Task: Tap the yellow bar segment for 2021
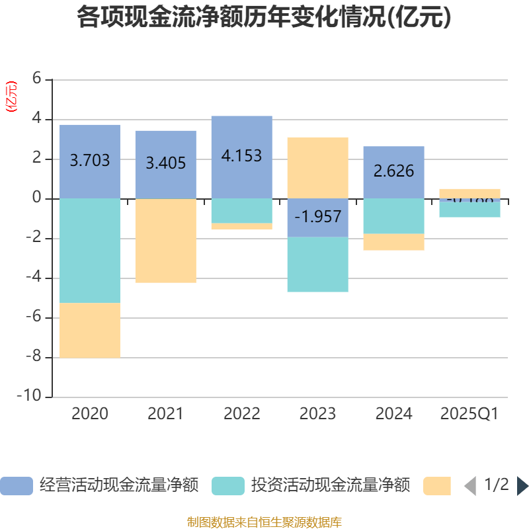165,241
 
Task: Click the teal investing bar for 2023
317,264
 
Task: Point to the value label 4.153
241,156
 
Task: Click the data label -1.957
317,216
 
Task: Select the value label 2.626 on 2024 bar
393,171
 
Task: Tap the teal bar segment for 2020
90,251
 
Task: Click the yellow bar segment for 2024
393,242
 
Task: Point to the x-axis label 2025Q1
469,414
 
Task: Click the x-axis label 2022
241,414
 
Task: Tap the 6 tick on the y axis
37,79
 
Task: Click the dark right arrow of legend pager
522,486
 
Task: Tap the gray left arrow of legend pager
470,486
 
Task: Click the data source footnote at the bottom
264,522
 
